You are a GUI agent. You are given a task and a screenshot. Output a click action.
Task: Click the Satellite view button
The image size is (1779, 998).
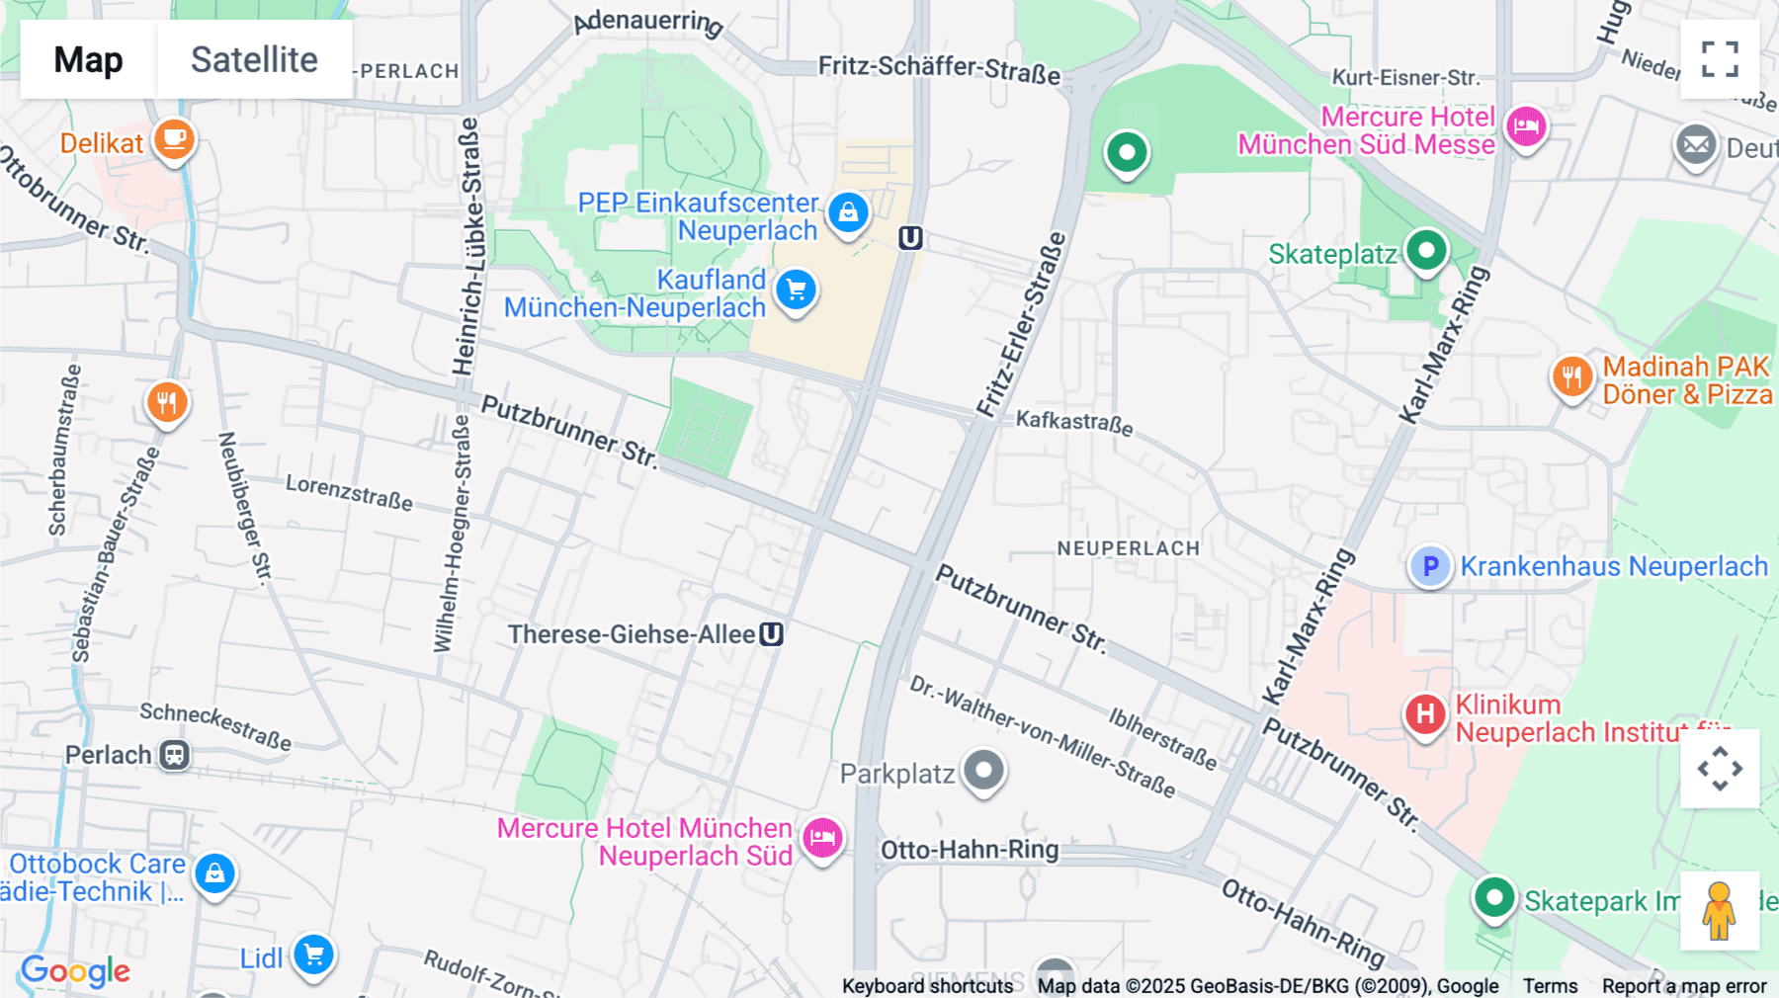254,59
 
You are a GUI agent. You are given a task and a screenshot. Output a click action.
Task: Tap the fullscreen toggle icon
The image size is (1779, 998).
1720,59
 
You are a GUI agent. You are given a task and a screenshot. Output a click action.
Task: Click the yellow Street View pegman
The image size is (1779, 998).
1719,910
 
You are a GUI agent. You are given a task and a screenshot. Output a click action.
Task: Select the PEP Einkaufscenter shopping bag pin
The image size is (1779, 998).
848,212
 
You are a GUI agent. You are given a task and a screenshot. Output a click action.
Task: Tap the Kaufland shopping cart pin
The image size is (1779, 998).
796,291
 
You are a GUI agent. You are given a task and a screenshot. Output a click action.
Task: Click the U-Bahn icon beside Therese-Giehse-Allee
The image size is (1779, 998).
771,634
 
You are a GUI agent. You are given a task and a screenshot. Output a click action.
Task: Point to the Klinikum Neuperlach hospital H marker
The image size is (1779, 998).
1425,713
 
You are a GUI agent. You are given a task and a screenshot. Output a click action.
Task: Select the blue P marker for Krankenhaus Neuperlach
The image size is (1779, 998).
1429,566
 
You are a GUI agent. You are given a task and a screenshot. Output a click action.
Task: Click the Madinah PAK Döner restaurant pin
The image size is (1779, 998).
1571,376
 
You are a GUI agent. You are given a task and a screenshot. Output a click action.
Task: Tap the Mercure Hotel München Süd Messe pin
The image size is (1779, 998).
1526,126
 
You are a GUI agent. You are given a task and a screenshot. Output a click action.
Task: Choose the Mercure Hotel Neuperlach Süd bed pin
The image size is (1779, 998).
822,839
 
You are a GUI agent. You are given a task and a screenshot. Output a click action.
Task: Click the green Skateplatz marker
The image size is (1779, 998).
1425,250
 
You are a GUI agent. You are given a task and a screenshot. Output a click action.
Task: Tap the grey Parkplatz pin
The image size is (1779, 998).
983,770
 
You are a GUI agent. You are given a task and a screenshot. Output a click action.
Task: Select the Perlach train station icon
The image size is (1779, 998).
175,756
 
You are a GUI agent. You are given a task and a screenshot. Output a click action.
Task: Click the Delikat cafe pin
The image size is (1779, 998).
174,139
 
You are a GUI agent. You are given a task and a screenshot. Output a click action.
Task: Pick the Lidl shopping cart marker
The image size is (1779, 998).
314,955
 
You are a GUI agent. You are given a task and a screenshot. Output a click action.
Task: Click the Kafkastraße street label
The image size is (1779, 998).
1074,422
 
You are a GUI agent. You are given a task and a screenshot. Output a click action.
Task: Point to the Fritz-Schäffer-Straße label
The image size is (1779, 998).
939,69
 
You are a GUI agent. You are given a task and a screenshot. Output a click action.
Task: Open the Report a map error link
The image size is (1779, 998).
1684,986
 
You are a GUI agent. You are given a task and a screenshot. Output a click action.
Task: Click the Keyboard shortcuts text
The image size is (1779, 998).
927,986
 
